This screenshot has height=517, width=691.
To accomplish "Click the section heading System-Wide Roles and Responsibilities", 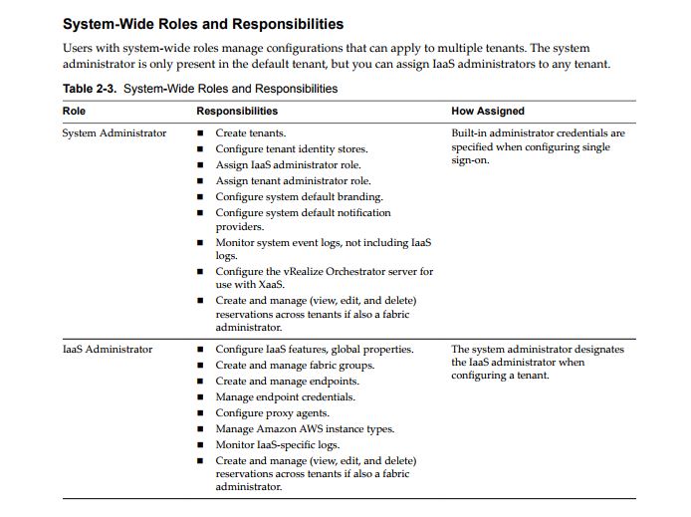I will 203,24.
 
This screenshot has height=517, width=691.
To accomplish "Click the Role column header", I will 74,111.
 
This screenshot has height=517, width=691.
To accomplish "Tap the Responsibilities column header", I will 237,111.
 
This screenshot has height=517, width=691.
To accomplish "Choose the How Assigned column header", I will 488,111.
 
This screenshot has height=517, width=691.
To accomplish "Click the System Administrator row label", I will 115,132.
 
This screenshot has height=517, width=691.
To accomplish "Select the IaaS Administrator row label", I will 108,350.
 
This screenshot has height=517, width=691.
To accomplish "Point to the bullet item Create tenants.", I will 251,132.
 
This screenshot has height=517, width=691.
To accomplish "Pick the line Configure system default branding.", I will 299,196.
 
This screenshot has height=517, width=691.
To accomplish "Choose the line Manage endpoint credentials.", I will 285,397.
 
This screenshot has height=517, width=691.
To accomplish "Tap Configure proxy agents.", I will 272,413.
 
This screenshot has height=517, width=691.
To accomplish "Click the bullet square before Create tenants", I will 201,133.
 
